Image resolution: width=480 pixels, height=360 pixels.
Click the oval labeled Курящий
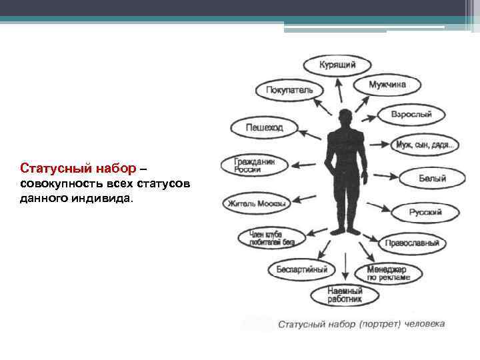point(337,65)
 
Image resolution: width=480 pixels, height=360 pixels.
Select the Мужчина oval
point(387,85)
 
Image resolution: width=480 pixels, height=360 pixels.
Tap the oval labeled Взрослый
point(411,115)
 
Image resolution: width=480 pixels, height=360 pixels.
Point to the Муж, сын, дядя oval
point(425,144)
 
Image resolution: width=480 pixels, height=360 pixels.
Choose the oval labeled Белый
point(432,179)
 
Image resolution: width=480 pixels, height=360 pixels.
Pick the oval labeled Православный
point(412,243)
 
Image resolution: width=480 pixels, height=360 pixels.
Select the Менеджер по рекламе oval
point(394,272)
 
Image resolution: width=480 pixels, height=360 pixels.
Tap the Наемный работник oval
point(345,295)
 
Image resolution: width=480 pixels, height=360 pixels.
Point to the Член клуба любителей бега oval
point(271,238)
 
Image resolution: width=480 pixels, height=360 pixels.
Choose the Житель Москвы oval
point(257,203)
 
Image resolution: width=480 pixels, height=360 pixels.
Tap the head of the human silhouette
point(345,117)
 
